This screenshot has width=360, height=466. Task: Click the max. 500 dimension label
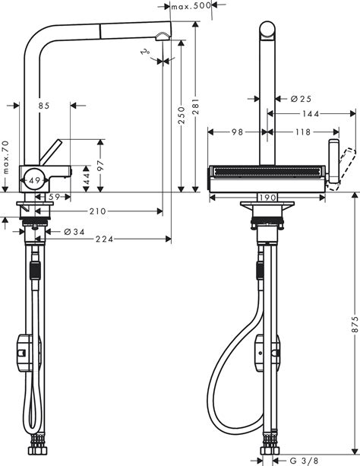[190, 7]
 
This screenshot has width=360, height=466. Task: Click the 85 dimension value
[43, 106]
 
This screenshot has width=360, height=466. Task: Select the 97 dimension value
[101, 165]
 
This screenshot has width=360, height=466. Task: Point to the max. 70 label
[5, 157]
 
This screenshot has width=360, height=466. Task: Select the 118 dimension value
[302, 132]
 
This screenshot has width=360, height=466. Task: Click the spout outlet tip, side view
[162, 38]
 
